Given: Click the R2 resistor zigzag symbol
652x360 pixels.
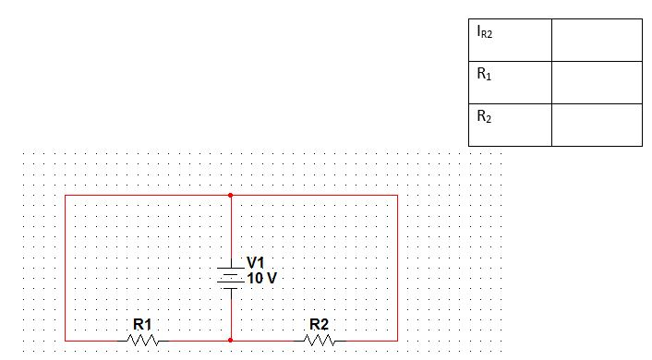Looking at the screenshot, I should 320,340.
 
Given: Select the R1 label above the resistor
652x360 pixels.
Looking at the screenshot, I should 142,324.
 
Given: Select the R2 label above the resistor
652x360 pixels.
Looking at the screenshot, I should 320,324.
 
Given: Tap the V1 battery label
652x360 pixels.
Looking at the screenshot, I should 256,263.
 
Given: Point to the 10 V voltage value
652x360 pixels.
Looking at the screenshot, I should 261,277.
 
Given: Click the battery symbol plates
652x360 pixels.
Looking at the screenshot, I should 230,276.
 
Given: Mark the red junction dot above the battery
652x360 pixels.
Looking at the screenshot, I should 230,196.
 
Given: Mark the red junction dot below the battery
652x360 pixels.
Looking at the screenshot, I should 230,340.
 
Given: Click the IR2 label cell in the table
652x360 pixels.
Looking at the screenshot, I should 510,40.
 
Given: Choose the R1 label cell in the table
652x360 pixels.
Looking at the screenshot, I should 510,82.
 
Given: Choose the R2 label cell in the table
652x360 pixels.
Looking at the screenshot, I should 510,125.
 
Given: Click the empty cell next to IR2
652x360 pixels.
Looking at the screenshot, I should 596,40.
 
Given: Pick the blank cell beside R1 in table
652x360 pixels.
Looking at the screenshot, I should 596,82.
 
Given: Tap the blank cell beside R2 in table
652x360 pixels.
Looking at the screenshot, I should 596,125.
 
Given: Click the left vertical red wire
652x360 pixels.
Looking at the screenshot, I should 66,268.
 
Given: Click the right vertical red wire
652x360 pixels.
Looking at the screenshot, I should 397,268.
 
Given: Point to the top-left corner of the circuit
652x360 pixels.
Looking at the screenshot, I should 66,196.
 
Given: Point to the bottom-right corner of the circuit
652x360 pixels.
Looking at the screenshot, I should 397,340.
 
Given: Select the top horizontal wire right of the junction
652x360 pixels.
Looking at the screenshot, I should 314,196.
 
